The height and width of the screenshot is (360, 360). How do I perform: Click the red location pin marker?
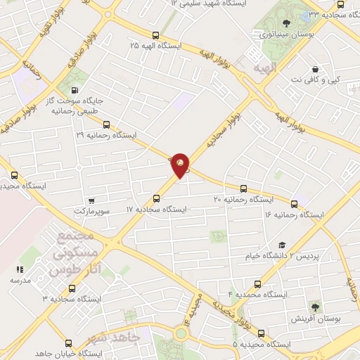coord(181,165)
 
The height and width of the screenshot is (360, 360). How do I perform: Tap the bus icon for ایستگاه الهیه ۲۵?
coord(155,35)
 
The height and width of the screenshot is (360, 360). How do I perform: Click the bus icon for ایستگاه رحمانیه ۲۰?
coord(243,188)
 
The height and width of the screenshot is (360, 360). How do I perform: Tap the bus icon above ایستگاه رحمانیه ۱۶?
coord(294,205)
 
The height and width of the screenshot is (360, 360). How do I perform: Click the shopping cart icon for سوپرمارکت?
coord(91,200)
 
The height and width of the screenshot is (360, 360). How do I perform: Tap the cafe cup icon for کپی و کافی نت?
coord(314,70)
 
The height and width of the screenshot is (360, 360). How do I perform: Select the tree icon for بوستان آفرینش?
coord(314,307)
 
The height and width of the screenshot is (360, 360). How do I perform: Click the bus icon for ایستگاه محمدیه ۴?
coord(257,285)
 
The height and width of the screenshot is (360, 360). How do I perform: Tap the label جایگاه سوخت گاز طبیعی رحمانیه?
coord(98,105)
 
